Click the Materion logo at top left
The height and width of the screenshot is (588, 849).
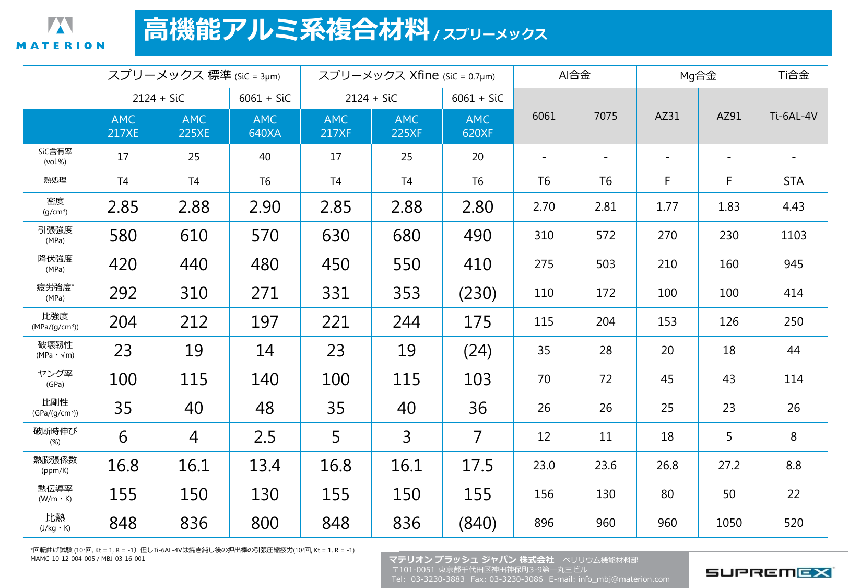pyautogui.click(x=60, y=33)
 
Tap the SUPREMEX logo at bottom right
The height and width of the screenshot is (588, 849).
pyautogui.click(x=768, y=572)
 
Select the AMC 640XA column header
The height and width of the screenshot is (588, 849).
pyautogui.click(x=265, y=126)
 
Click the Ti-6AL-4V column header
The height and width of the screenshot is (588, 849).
pyautogui.click(x=793, y=116)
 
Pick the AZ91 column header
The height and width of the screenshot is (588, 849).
pyautogui.click(x=728, y=116)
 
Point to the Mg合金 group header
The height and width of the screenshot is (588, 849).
pyautogui.click(x=698, y=76)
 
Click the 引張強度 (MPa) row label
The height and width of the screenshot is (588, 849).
pyautogui.click(x=55, y=235)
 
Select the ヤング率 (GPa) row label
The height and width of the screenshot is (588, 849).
pyautogui.click(x=55, y=378)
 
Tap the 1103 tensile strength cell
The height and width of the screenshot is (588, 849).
pyautogui.click(x=793, y=236)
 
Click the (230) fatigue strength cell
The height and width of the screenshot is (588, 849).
pyautogui.click(x=477, y=293)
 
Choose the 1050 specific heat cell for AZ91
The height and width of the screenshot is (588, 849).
pyautogui.click(x=728, y=523)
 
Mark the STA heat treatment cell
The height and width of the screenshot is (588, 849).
pyautogui.click(x=793, y=181)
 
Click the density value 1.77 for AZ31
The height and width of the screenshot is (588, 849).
pyautogui.click(x=667, y=207)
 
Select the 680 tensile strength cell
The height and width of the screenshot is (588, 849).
pyautogui.click(x=406, y=236)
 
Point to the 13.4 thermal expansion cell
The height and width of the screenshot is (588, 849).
pyautogui.click(x=265, y=466)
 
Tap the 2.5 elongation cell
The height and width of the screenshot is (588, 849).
pyautogui.click(x=265, y=437)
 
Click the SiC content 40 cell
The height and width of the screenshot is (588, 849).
pyautogui.click(x=265, y=157)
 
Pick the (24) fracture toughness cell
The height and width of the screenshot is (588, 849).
pyautogui.click(x=477, y=351)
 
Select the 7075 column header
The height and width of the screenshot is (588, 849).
pyautogui.click(x=605, y=116)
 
